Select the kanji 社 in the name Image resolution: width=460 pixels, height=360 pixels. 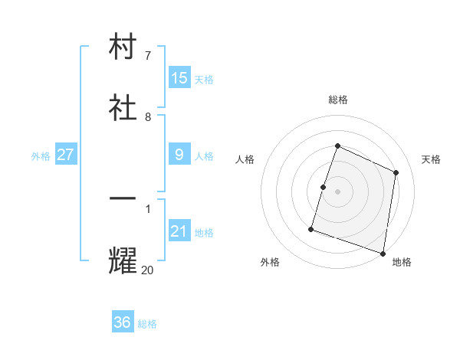123,106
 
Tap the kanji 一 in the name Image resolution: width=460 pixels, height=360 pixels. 123,199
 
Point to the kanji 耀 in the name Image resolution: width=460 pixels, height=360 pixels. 123,260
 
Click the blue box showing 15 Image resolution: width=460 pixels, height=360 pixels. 179,77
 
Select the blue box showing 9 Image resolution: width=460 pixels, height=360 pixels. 179,155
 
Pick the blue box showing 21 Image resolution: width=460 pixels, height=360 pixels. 179,231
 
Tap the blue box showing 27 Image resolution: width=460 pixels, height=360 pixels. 66,155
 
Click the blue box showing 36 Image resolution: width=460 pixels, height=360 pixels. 123,322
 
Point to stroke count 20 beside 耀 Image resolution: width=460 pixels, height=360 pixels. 147,270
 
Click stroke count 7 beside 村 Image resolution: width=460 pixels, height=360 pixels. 147,55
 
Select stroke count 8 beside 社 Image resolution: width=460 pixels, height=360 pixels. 147,116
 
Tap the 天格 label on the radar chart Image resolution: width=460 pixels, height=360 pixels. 431,159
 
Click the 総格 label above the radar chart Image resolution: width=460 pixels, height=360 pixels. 337,100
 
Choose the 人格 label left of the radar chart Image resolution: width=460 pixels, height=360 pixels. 245,159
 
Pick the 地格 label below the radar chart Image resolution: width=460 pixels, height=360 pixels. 402,262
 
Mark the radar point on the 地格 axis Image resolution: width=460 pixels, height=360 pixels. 383,253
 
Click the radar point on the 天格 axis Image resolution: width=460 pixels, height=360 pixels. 396,172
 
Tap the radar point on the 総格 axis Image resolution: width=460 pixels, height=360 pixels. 337,146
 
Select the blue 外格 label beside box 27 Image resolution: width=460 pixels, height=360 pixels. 41,155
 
